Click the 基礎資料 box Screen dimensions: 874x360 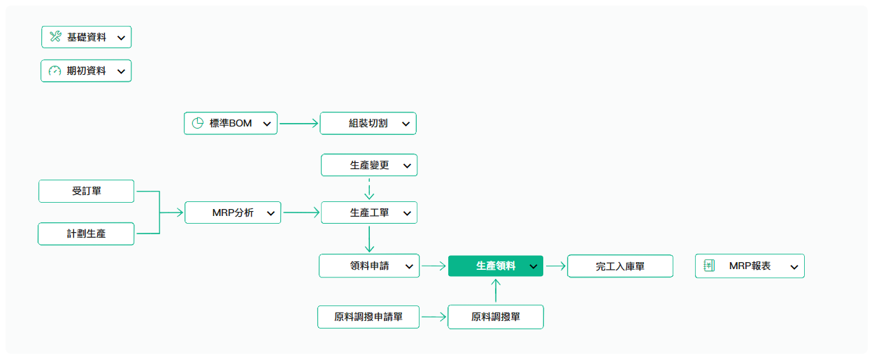click(86, 37)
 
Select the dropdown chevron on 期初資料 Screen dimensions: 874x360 click(122, 71)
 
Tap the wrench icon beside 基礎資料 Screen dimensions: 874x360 click(55, 36)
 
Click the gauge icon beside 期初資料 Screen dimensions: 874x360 click(55, 71)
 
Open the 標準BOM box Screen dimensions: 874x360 click(231, 123)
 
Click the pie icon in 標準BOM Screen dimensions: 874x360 click(198, 123)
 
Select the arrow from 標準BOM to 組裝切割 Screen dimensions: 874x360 click(299, 124)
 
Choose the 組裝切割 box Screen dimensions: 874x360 click(368, 123)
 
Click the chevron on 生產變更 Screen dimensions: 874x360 click(407, 166)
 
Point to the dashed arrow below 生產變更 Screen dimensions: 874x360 click(369, 189)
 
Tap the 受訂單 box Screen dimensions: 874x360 click(86, 191)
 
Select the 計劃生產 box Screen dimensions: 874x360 click(86, 233)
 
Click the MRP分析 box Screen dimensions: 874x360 click(233, 213)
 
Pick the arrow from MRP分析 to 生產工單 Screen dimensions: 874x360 click(301, 213)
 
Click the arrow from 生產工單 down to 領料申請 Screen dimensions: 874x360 click(369, 239)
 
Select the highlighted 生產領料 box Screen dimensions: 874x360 click(496, 266)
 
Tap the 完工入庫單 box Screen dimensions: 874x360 click(620, 266)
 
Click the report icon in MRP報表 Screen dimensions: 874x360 click(709, 266)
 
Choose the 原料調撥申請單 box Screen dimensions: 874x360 click(368, 317)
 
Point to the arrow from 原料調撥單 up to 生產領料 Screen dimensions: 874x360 click(496, 291)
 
